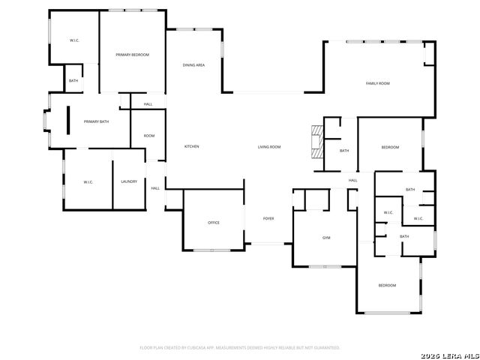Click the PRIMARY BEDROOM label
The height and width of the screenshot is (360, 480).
(x=132, y=55)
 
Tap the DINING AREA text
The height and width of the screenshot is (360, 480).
(x=193, y=65)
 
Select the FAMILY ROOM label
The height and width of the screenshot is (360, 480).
(x=377, y=83)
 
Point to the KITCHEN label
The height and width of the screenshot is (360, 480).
(x=192, y=146)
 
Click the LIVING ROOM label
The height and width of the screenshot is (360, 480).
(x=269, y=146)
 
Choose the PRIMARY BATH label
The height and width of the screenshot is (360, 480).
(x=96, y=121)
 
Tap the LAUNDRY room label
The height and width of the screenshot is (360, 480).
(x=129, y=181)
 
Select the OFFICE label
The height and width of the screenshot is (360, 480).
(x=213, y=223)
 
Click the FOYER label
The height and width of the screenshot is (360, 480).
(x=268, y=218)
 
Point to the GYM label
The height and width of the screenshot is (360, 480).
(x=326, y=238)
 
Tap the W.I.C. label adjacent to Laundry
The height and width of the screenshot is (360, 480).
(x=88, y=181)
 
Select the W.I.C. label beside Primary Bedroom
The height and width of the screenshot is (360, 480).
(x=75, y=40)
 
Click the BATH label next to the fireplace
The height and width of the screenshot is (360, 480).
(x=344, y=151)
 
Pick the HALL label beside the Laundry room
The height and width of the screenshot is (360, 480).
(x=155, y=188)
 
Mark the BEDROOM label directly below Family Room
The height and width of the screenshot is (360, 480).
(x=390, y=147)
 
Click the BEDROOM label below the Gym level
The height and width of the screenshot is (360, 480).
(x=387, y=286)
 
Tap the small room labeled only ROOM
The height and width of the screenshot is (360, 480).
(x=149, y=136)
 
